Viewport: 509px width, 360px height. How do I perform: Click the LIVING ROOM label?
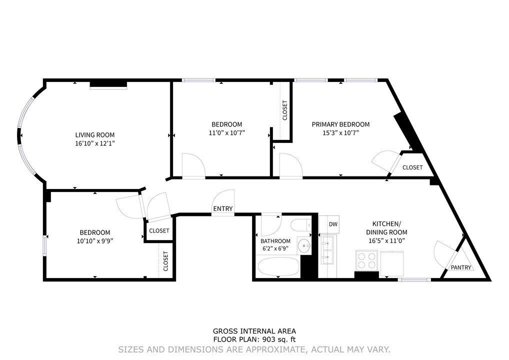click(94, 135)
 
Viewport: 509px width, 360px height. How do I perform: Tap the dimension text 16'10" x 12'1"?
click(94, 143)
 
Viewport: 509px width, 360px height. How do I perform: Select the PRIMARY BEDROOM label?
click(340, 124)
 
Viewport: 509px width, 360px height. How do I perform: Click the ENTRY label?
click(222, 209)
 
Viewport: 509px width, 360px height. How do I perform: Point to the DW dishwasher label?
click(333, 224)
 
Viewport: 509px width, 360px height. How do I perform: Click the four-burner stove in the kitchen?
click(366, 260)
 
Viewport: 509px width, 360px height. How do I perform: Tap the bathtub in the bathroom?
click(278, 266)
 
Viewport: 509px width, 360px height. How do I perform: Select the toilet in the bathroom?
click(302, 225)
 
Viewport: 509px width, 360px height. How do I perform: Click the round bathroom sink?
click(304, 246)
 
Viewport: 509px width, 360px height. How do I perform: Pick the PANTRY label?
click(460, 267)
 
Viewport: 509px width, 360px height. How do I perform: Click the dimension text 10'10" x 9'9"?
click(94, 240)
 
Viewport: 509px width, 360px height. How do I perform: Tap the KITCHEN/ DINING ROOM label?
click(386, 228)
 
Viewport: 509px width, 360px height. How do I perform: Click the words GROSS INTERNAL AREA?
click(254, 331)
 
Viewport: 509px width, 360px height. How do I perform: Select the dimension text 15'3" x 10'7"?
click(340, 132)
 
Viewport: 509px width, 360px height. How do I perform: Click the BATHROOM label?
click(275, 240)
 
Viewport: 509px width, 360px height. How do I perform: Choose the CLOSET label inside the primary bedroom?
click(412, 167)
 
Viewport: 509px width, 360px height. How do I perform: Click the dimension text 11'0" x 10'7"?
click(226, 132)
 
